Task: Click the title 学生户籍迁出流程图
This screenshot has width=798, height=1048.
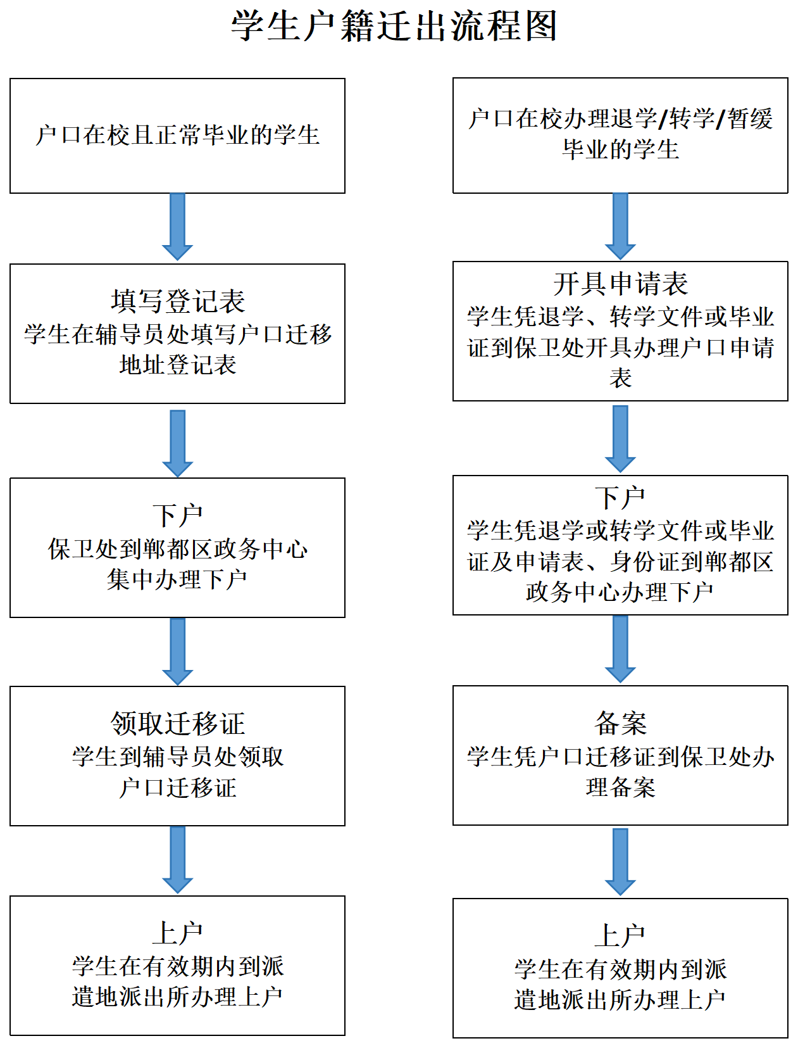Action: point(394,27)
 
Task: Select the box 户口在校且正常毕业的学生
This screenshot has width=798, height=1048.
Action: point(177,136)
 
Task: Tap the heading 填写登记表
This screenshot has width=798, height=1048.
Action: point(177,301)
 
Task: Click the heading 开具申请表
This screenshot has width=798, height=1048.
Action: point(620,284)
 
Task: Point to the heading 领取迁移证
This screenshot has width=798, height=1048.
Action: point(177,724)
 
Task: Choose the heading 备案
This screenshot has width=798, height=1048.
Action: point(620,723)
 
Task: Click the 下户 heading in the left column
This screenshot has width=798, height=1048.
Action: point(177,515)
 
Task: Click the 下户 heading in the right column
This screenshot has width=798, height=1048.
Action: point(620,498)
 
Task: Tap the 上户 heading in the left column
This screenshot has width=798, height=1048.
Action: point(177,933)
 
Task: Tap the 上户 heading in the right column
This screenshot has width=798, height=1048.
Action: point(620,936)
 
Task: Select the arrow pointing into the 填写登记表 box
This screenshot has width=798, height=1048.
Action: point(177,227)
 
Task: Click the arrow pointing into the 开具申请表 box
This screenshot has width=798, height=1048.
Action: point(620,226)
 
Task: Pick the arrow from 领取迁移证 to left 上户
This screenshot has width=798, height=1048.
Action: point(177,859)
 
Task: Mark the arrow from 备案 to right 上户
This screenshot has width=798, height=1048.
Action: point(620,861)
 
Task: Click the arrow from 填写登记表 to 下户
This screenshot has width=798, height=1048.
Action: point(177,443)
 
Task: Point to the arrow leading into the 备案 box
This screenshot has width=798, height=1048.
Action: point(620,648)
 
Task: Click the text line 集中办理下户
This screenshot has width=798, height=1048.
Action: point(177,579)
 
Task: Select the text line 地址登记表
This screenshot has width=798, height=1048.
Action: point(177,365)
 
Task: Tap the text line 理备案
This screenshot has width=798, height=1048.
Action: point(620,788)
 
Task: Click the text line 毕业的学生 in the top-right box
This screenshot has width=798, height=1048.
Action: point(620,150)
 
